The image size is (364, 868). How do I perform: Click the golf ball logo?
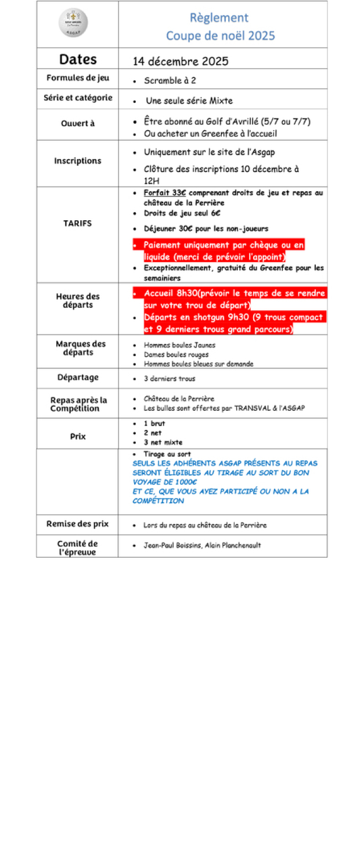73,23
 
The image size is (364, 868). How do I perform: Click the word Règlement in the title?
219,18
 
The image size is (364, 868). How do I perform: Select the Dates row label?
78,59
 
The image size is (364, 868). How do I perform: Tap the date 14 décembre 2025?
181,62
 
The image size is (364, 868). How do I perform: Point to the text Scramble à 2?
170,81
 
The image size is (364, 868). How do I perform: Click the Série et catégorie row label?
78,98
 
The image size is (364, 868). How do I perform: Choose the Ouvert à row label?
78,123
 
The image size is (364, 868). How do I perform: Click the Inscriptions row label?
78,161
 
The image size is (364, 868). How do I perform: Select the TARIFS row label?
78,223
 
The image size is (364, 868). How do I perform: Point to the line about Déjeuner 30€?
206,229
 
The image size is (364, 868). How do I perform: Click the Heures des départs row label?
78,301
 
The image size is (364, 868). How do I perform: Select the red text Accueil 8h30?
171,293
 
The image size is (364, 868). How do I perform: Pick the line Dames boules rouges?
176,354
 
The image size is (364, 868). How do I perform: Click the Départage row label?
78,378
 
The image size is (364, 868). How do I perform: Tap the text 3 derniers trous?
170,379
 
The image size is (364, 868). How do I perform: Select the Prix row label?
78,436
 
